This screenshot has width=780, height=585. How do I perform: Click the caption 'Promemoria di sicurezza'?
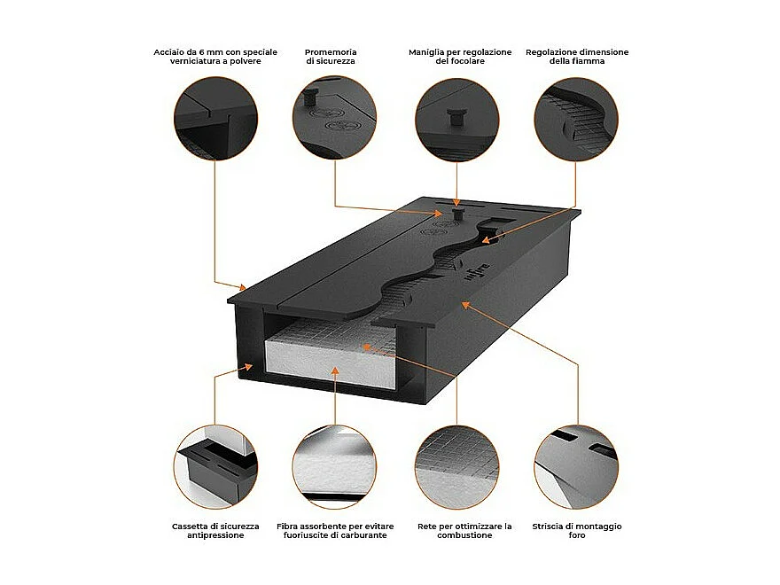(331, 57)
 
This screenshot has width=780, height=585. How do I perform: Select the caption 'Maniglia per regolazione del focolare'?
(460, 57)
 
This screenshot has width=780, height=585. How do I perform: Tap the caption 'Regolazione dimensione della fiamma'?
(577, 57)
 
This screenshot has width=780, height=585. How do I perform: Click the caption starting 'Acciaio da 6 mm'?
(215, 57)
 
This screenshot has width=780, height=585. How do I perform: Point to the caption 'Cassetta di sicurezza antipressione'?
(215, 531)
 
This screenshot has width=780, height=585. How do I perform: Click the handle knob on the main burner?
(457, 214)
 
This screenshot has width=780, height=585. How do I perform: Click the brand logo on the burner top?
(472, 271)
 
